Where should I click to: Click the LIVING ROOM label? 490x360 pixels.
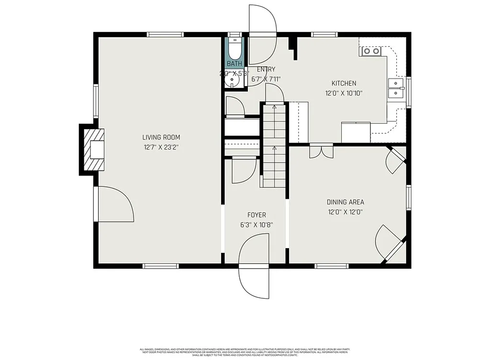161,138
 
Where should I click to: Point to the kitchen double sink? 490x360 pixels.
396,88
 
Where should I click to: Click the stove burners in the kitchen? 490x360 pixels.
371,51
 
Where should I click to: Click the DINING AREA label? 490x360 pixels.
345,202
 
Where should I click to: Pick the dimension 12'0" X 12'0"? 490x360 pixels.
345,212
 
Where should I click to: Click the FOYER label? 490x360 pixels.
256,215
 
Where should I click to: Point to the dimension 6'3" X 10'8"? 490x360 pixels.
256,225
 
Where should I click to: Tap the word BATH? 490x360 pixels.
234,64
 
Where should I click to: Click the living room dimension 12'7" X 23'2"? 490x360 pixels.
161,148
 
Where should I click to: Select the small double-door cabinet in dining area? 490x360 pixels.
319,150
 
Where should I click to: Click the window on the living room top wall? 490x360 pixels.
165,34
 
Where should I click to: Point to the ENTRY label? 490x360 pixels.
266,69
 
